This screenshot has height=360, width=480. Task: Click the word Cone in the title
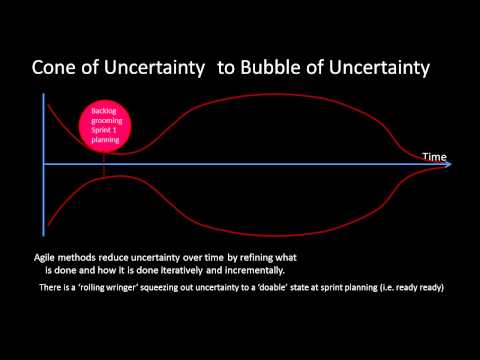click(56, 68)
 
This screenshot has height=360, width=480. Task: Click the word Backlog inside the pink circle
click(105, 110)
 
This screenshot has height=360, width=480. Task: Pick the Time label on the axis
click(434, 156)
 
